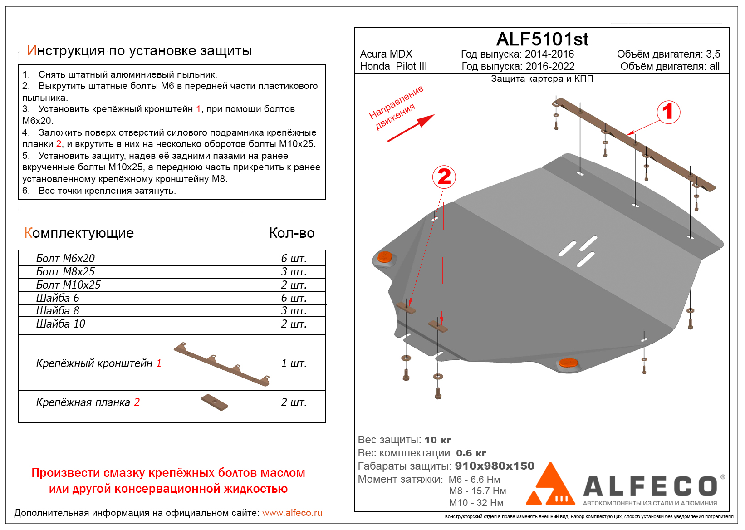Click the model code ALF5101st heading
[x=542, y=39]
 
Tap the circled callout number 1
[x=668, y=112]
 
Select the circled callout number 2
[x=444, y=177]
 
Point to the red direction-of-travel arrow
[x=411, y=128]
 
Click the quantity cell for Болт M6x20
[x=294, y=259]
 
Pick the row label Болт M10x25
[x=68, y=285]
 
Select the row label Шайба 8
[x=58, y=311]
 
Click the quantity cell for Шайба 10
[x=294, y=324]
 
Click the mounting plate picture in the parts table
[x=215, y=402]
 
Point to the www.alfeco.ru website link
[x=292, y=513]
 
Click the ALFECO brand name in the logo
[x=650, y=486]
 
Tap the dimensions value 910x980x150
[x=495, y=466]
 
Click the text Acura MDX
[x=386, y=54]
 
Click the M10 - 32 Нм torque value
[x=476, y=503]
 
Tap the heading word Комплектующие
[x=79, y=233]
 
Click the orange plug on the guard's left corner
[x=384, y=257]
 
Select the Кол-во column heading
[x=292, y=233]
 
